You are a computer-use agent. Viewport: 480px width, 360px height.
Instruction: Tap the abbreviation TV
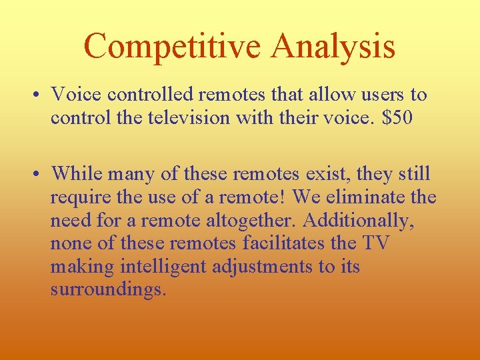[x=375, y=244]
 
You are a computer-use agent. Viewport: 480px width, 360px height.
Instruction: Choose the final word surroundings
[x=107, y=291]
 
